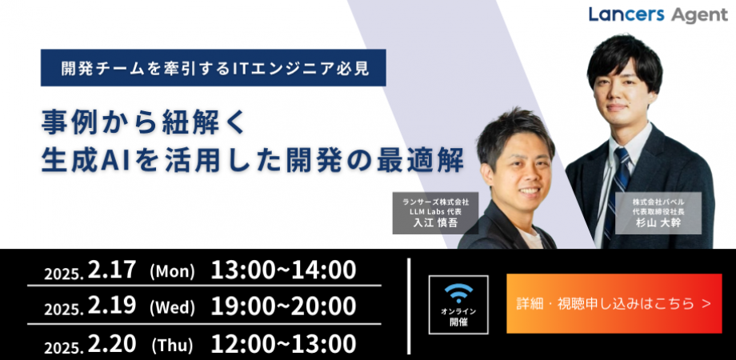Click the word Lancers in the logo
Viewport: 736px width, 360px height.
[x=626, y=15]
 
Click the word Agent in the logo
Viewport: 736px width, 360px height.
[x=699, y=17]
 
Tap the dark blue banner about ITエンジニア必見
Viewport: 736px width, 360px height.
[x=214, y=67]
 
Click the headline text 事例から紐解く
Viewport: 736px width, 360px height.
[x=144, y=124]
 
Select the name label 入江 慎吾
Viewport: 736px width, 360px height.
[x=435, y=222]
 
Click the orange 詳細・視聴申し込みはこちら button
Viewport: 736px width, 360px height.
[x=614, y=303]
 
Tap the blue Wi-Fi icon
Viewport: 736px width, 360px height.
[x=458, y=293]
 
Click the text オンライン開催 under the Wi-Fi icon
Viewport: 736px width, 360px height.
[x=458, y=317]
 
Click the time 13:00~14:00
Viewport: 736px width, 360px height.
[x=283, y=270]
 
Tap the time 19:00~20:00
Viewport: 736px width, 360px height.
[x=283, y=306]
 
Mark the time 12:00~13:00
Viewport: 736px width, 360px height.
[x=283, y=344]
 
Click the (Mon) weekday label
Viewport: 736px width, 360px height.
[x=172, y=272]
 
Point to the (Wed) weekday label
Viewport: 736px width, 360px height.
[x=172, y=307]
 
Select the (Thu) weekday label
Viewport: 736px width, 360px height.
[x=172, y=346]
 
